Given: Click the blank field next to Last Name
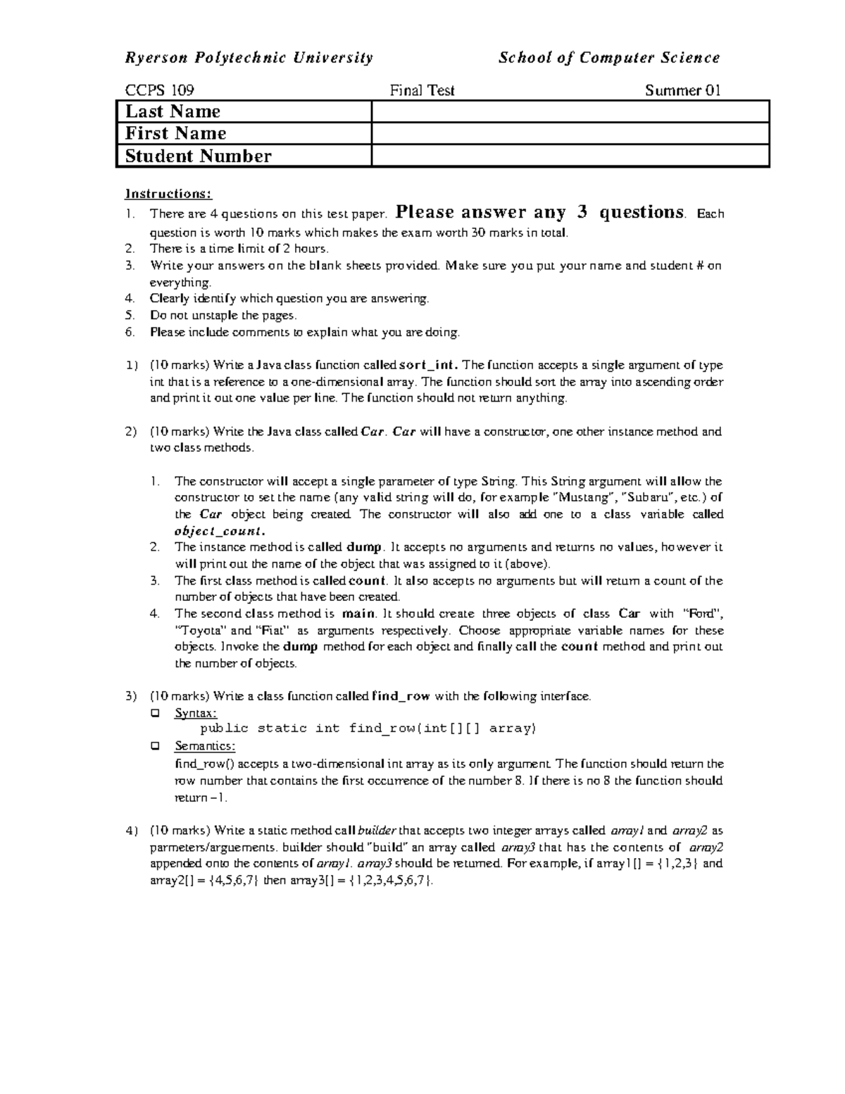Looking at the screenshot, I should coord(570,111).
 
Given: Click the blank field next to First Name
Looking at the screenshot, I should coord(570,134).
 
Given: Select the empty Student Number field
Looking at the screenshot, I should coord(570,156).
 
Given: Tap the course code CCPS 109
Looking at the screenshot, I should coord(159,90).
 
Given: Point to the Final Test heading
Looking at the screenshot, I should coord(423,90).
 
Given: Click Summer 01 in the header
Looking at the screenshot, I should coord(682,90).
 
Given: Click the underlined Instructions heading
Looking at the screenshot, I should coord(168,194).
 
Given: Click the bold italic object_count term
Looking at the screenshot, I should coord(219,530).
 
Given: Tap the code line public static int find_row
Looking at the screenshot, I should coord(368,728).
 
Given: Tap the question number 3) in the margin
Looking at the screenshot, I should coord(131,696).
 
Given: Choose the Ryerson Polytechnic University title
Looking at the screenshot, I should coord(249,58).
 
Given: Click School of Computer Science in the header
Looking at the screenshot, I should coord(609,58).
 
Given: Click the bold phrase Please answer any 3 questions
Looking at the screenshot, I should coord(540,212).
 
